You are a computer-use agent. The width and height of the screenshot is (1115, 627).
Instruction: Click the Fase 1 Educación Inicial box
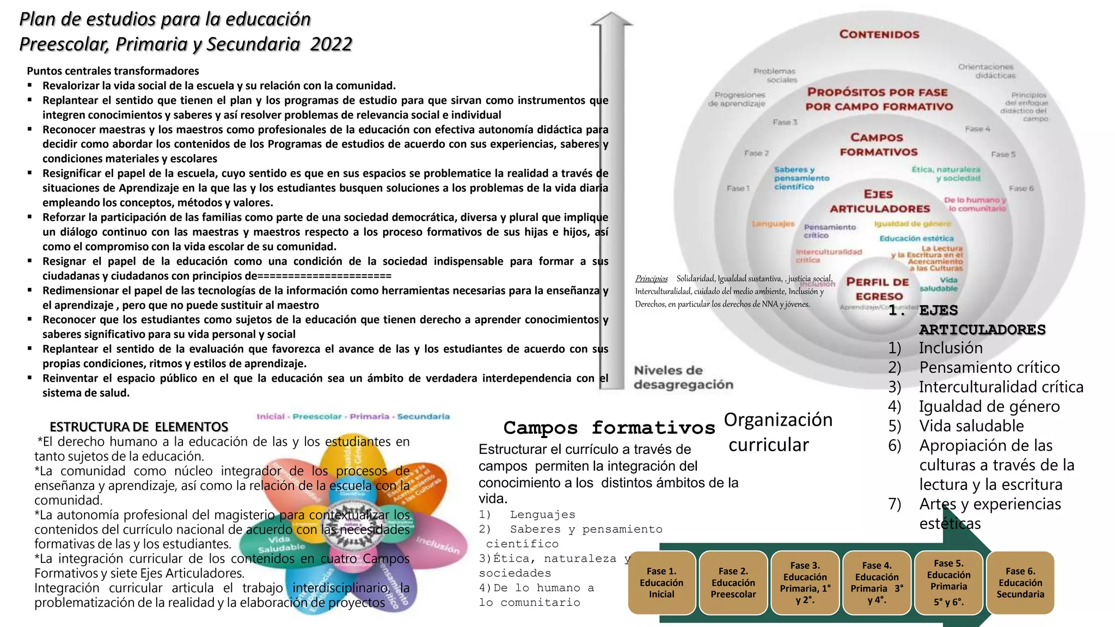pos(661,583)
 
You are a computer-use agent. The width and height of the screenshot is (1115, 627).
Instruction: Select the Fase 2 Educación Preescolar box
pos(733,583)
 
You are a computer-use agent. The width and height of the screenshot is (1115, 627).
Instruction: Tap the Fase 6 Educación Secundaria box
pos(1020,583)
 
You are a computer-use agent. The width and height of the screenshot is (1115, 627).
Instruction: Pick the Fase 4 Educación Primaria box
pos(877,583)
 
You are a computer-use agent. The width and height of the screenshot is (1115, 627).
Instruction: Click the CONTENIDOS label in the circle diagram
pos(879,34)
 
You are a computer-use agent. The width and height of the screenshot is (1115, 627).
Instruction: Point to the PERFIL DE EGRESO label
pos(878,289)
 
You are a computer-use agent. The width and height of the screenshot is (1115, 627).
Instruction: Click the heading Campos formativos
pos(609,428)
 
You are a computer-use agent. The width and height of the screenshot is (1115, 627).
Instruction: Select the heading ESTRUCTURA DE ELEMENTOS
pos(139,427)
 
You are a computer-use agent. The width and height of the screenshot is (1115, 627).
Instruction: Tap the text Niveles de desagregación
pos(683,378)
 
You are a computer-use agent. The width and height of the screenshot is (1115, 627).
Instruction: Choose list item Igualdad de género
pos(989,407)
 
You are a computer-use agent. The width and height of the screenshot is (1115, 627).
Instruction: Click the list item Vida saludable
pos(971,426)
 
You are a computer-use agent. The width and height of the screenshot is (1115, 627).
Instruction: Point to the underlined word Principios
pos(651,279)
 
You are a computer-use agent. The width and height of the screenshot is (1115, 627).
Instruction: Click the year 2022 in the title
pos(331,44)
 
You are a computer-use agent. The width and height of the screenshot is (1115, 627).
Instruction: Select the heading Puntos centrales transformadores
pos(113,71)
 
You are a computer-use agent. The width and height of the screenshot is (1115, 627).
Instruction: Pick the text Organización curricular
pos(777,432)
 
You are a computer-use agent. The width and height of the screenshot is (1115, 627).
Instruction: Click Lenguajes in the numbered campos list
pos(542,515)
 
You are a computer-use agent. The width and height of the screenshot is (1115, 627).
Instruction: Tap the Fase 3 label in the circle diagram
pos(785,122)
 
